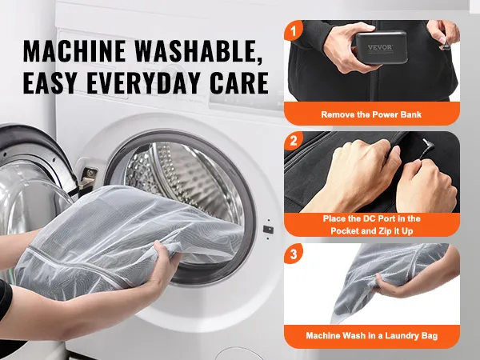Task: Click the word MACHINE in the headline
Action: point(74,51)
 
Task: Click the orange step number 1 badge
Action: point(294,30)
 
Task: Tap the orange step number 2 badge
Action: point(294,141)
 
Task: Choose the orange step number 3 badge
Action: point(294,254)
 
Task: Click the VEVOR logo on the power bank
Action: point(380,47)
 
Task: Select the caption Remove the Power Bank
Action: point(371,114)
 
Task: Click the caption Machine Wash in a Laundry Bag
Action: point(372,335)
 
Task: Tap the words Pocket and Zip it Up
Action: point(372,230)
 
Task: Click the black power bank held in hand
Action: point(381,47)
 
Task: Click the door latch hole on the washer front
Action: point(268,230)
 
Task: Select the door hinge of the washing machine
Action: point(87,179)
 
